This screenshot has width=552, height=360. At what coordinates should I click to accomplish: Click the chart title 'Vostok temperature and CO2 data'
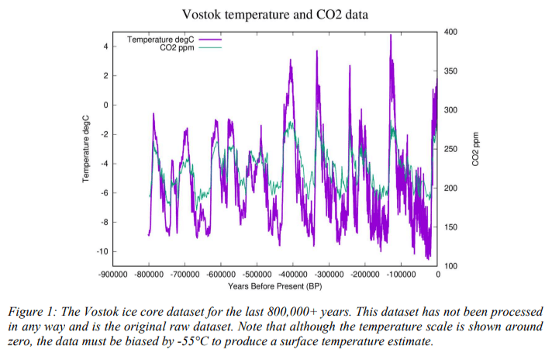[276, 15]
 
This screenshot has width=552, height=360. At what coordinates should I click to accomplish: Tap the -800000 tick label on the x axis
[148, 275]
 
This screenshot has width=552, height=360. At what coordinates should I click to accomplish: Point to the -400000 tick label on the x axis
[293, 275]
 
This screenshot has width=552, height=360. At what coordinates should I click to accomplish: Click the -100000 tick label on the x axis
[402, 275]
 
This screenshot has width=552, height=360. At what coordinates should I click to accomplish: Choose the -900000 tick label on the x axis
[112, 275]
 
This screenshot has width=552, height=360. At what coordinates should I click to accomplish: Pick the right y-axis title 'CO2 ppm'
[476, 148]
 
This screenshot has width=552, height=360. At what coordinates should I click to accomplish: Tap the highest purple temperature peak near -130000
[391, 36]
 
